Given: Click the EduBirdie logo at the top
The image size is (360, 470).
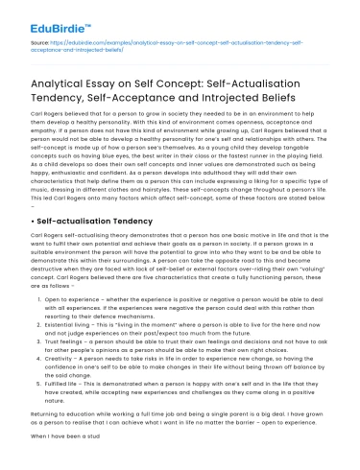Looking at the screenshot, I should tap(41, 16).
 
